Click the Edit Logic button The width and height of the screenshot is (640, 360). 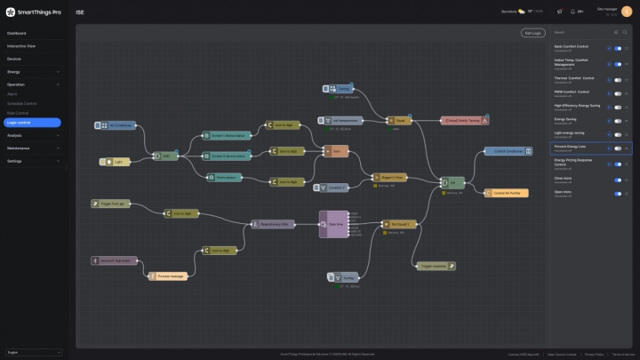(x=531, y=33)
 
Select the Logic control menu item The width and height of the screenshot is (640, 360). (x=31, y=122)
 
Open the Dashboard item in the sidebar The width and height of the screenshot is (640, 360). (x=18, y=33)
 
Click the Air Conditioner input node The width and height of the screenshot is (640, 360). (x=117, y=125)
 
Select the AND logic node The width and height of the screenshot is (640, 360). (x=165, y=156)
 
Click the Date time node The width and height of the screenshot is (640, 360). (x=333, y=224)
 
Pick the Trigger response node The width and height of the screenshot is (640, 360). (x=436, y=265)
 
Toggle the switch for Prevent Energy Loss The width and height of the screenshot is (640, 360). (x=618, y=148)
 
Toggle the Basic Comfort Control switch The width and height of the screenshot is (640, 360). (x=618, y=49)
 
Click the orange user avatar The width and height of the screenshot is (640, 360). (x=627, y=12)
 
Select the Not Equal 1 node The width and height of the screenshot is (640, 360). (x=398, y=224)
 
